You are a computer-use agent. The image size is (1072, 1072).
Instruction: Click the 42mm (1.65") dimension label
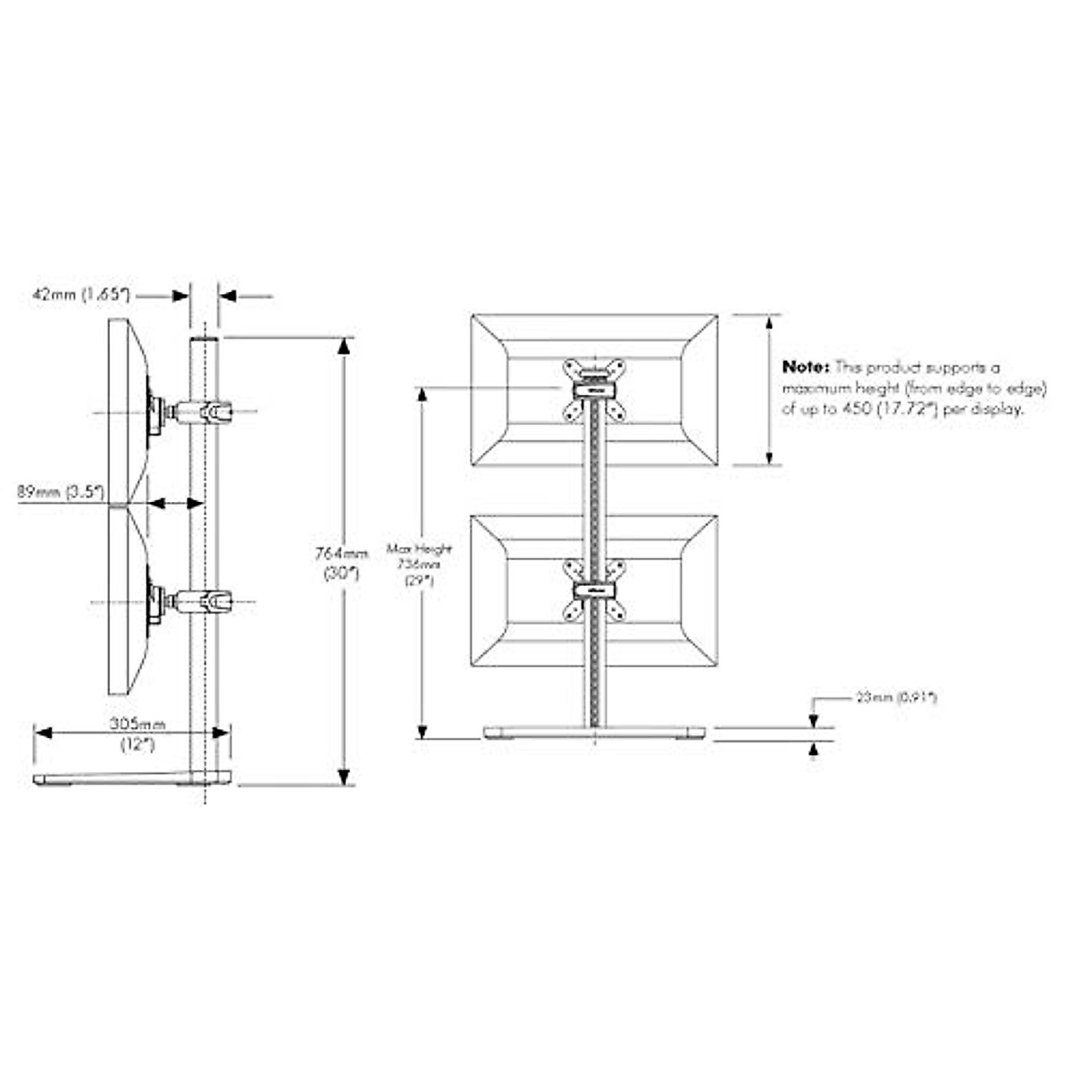tap(82, 294)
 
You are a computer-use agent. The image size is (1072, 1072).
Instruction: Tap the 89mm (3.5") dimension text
tap(61, 490)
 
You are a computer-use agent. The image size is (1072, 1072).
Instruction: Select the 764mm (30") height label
tap(341, 564)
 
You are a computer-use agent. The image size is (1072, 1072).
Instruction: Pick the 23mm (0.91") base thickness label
tap(896, 698)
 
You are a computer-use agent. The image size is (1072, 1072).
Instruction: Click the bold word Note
tap(807, 366)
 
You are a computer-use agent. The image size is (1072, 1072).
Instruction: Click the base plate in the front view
tap(593, 733)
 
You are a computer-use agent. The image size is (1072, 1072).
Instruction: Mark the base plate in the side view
tap(134, 779)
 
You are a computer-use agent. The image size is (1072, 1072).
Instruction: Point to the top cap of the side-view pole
tap(204, 339)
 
